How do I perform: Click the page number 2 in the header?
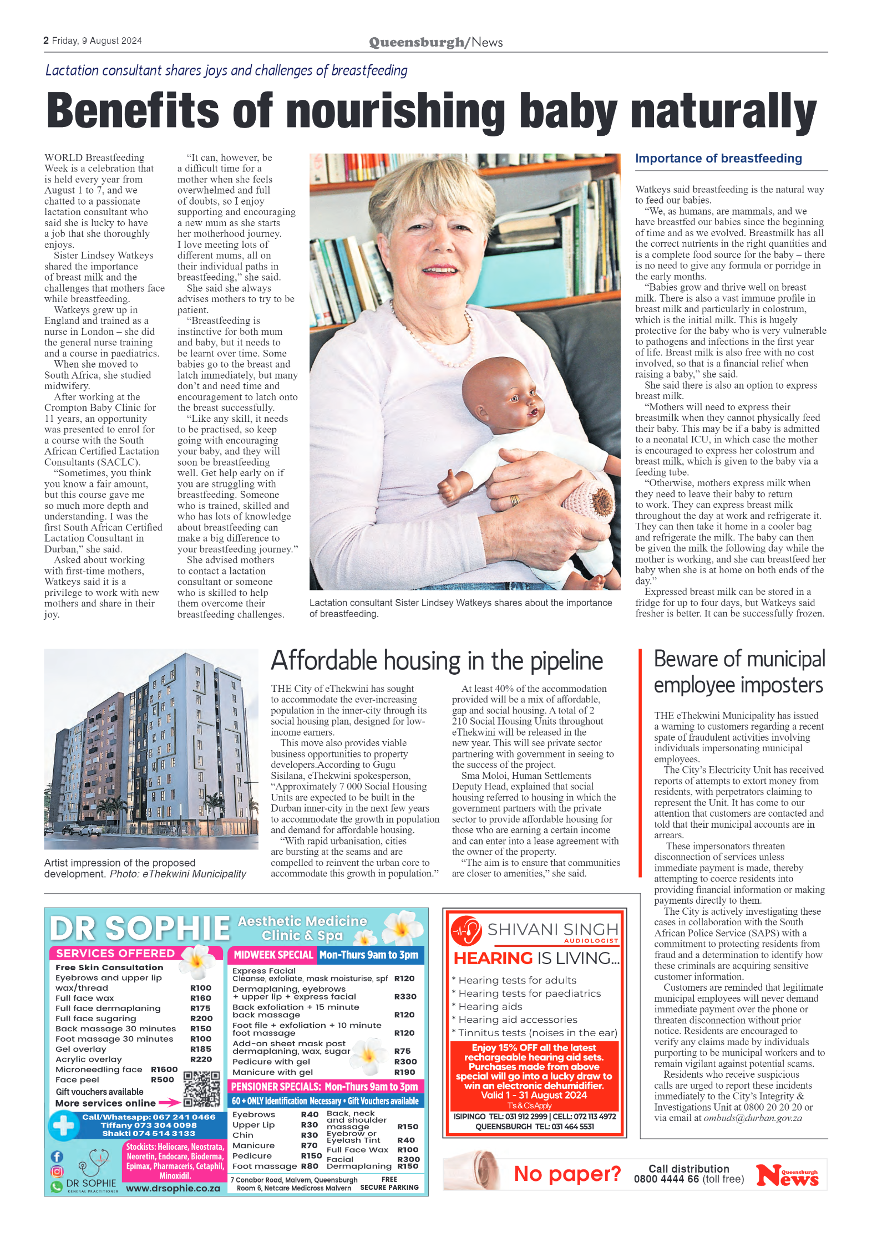point(46,40)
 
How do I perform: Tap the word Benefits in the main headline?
point(133,110)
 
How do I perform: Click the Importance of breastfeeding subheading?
point(718,159)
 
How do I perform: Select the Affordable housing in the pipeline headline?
point(437,661)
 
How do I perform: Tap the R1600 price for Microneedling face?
point(164,1069)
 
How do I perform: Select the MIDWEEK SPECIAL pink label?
point(273,955)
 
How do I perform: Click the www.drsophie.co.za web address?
point(173,1189)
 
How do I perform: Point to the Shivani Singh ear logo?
point(466,931)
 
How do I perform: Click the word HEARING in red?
point(493,958)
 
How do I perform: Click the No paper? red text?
point(566,1174)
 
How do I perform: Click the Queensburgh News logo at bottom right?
point(788,1175)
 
